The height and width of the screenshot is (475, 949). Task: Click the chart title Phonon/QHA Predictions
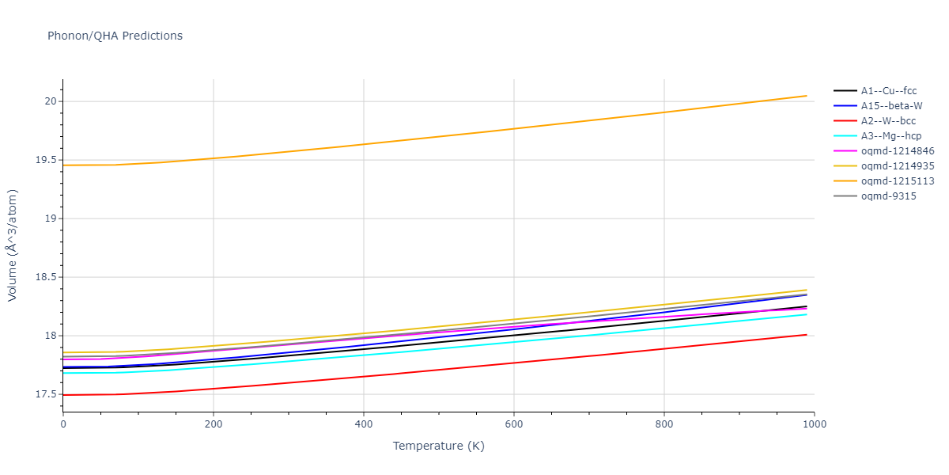pyautogui.click(x=115, y=36)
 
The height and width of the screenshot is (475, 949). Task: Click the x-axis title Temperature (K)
pyautogui.click(x=438, y=446)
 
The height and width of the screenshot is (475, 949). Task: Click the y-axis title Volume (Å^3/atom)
pyautogui.click(x=13, y=245)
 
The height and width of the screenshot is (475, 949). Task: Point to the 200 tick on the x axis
pyautogui.click(x=214, y=425)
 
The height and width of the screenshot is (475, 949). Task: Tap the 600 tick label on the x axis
pyautogui.click(x=514, y=425)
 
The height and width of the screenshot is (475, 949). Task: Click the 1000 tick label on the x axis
pyautogui.click(x=815, y=425)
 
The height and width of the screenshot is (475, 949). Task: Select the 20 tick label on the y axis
pyautogui.click(x=51, y=101)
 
